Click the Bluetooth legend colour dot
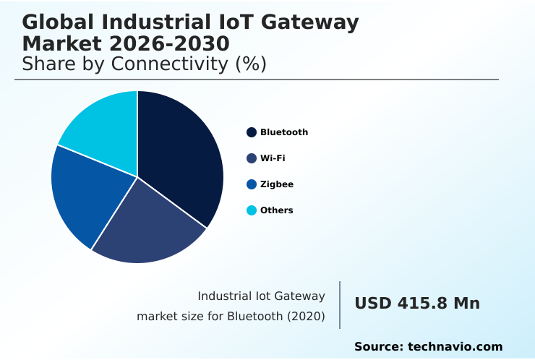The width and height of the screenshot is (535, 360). point(252,132)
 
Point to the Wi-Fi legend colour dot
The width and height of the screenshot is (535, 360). point(252,158)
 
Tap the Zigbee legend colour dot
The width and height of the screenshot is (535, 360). point(252,184)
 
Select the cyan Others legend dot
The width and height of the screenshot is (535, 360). point(252,210)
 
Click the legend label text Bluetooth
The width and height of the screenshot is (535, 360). point(284,132)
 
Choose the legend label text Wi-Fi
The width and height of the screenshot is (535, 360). point(273,158)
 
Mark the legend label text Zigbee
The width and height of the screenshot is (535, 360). point(277,184)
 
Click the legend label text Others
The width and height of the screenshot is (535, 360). point(277,210)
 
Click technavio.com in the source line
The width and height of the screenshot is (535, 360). point(455,347)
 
